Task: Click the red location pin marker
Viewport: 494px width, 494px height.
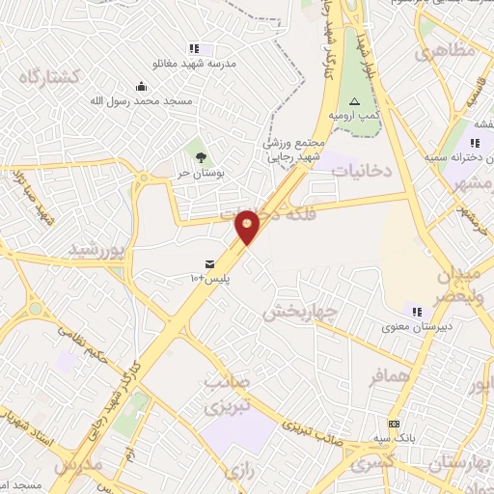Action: coord(248,226)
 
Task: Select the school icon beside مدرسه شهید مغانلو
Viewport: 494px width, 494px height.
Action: coord(193,48)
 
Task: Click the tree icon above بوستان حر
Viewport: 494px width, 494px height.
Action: coord(201,157)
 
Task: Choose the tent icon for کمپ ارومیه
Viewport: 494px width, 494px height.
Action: coord(354,101)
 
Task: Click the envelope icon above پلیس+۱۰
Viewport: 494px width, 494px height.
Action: coord(209,264)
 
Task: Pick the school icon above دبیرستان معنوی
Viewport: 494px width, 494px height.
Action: coord(417,312)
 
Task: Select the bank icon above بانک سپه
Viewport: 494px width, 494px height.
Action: coord(394,424)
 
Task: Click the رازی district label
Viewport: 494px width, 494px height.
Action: coord(236,470)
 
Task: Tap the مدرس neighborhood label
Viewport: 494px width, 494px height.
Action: coord(76,464)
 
